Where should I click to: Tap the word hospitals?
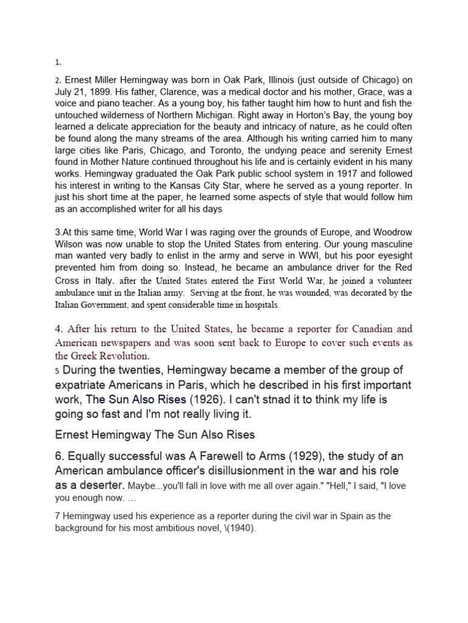point(258,304)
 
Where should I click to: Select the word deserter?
point(100,485)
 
